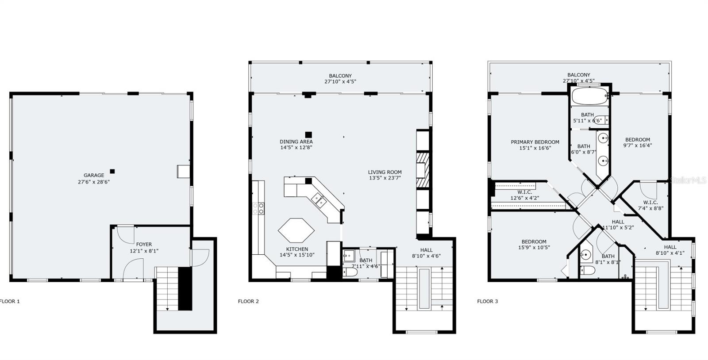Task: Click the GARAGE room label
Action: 94,175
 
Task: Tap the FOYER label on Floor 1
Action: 144,245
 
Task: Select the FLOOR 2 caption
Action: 248,301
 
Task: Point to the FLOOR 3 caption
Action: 487,301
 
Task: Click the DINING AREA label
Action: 296,142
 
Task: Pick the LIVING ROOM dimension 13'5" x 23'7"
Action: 385,178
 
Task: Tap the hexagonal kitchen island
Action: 296,230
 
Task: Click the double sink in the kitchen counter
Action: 319,200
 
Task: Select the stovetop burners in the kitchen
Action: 258,208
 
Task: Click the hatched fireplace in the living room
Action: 423,170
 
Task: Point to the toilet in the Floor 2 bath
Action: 350,272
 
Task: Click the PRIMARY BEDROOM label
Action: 535,142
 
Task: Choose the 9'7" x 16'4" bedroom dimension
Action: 638,146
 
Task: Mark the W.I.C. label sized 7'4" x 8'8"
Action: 650,205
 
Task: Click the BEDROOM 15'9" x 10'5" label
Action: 534,245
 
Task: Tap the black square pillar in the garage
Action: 112,172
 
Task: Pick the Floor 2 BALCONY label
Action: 340,76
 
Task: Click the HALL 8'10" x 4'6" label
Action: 427,253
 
